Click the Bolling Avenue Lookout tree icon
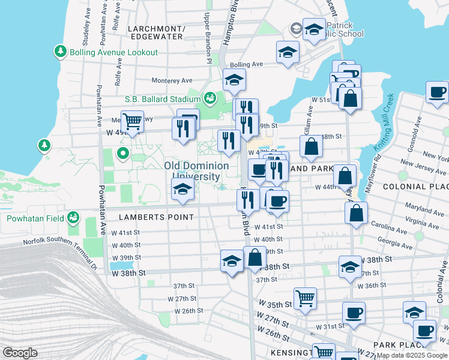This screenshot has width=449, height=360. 60,52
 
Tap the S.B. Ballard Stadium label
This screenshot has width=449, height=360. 162,99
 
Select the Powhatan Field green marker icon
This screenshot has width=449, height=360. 73,217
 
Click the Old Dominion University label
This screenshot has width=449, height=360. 196,171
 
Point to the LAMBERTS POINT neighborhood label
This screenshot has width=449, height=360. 156,217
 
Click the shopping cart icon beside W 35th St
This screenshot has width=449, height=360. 306,298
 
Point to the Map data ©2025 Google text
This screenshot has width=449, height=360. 412,355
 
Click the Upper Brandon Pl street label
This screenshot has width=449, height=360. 208,38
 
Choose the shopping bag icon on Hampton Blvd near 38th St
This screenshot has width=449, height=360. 255,257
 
